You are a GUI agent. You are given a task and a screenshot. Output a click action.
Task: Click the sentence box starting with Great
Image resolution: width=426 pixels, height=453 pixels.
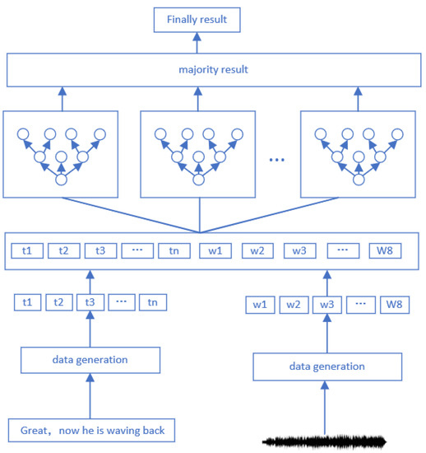(x=92, y=429)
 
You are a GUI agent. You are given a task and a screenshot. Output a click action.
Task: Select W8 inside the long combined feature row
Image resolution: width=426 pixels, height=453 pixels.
(x=388, y=250)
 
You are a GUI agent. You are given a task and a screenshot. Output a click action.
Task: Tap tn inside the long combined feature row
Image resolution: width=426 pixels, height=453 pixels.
(x=174, y=250)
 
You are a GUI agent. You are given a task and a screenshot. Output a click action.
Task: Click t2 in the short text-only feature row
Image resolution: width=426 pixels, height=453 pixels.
(x=59, y=302)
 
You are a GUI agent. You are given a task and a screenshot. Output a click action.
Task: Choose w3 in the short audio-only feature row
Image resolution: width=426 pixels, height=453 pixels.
(x=326, y=305)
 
